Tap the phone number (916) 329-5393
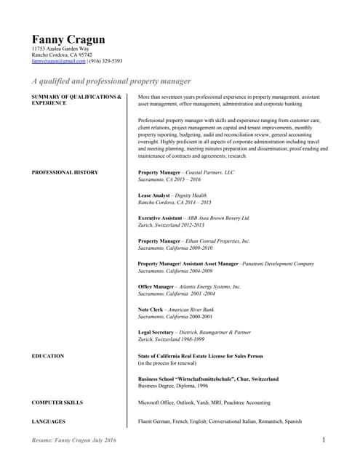click(105, 62)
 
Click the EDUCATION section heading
click(48, 356)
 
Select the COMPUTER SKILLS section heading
click(57, 402)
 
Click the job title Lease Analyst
click(155, 195)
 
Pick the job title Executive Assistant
click(163, 218)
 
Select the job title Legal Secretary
click(159, 332)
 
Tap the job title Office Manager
click(156, 287)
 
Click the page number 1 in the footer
click(323, 440)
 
